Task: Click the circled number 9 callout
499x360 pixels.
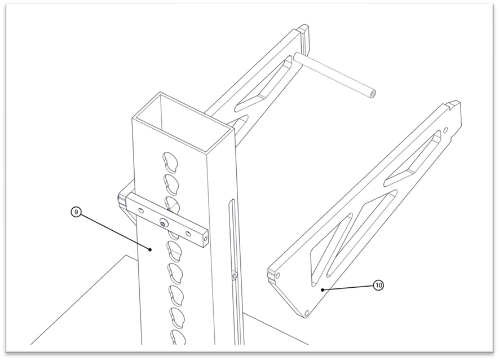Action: [x=76, y=212]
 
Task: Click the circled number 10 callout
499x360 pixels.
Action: [x=378, y=285]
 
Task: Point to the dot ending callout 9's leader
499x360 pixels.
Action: [x=150, y=250]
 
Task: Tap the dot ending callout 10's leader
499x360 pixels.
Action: [x=323, y=289]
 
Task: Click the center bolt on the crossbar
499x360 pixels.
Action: [x=164, y=223]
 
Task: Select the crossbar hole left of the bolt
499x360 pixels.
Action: [x=141, y=210]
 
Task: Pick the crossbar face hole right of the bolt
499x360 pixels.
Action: [x=188, y=234]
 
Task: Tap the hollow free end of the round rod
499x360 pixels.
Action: [x=373, y=94]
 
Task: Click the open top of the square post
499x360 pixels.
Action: [x=183, y=122]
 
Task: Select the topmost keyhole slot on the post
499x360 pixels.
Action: [x=170, y=161]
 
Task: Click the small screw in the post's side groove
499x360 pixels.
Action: [x=235, y=275]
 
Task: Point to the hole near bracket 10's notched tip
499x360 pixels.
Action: [x=445, y=130]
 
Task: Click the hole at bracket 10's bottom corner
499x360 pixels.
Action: [x=307, y=313]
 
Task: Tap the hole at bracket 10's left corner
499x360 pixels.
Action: [x=279, y=275]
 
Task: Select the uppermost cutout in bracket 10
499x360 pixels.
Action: [x=414, y=159]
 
